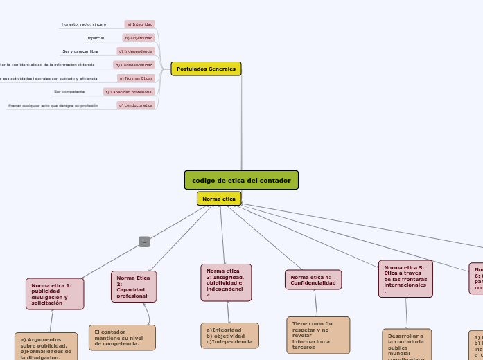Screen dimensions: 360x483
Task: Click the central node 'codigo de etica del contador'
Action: pos(241,180)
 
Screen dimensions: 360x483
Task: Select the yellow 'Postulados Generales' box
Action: pos(206,69)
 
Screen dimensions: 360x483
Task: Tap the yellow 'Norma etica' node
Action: pos(219,199)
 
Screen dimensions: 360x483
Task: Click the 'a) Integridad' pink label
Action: pos(140,24)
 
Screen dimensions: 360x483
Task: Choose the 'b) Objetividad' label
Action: pos(139,38)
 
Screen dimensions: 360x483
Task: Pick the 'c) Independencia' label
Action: pos(136,51)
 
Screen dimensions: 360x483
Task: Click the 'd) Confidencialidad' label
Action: pos(134,64)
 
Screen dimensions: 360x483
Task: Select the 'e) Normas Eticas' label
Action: pos(136,78)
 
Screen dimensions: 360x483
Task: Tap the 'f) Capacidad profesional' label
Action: pos(129,91)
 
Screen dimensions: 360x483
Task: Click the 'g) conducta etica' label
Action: pos(136,105)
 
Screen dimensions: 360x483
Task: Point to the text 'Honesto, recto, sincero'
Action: pos(84,24)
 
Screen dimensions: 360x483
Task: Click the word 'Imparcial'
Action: pos(95,38)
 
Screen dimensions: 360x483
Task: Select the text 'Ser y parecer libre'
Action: pos(80,51)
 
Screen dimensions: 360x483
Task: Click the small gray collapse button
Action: pos(144,242)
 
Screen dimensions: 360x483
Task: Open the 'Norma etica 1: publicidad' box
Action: pos(55,294)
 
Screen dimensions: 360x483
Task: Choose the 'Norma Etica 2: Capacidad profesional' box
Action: pos(134,287)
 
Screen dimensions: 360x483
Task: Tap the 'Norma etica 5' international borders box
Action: pos(405,278)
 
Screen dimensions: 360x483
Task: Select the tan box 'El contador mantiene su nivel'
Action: pos(122,338)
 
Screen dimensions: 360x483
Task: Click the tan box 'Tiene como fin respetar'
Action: pos(318,335)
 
